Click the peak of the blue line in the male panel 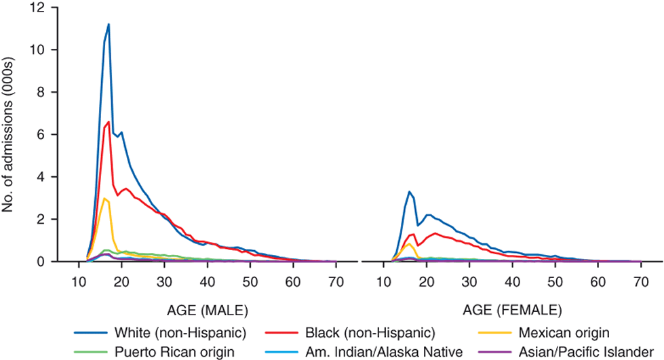109,24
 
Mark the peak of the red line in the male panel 109,122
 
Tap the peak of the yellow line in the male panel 104,199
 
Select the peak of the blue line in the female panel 409,191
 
